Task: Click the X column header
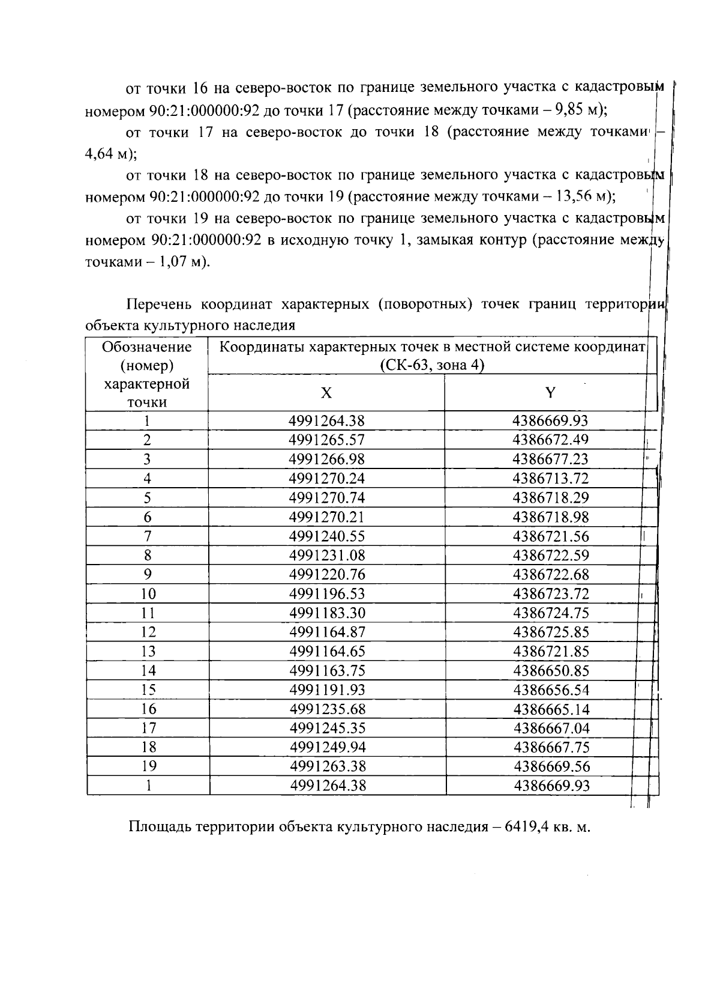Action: pos(326,393)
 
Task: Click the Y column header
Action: pos(550,393)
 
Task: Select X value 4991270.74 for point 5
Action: pos(327,498)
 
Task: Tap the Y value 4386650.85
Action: pos(551,671)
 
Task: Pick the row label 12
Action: pos(148,632)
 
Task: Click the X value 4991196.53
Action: pos(327,594)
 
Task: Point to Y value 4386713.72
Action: pos(551,479)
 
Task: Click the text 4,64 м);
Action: pos(112,154)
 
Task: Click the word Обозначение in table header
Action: pos(147,347)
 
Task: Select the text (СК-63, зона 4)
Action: pos(431,365)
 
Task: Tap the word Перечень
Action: pos(161,304)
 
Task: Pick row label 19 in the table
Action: pos(148,766)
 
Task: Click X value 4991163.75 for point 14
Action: pos(327,671)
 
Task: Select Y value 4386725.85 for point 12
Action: pos(551,632)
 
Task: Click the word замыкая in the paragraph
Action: pos(443,240)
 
